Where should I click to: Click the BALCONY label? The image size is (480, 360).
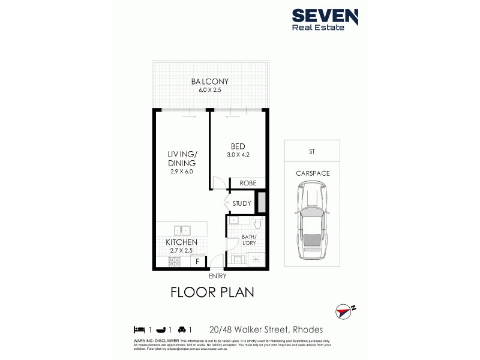pos(209,82)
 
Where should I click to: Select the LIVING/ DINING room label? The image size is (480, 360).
pos(183,158)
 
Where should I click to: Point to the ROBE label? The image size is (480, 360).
pos(248,184)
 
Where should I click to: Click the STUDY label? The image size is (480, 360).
pos(242,203)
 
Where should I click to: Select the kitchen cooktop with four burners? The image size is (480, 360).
pos(175,261)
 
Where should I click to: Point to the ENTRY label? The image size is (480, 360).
pos(217,276)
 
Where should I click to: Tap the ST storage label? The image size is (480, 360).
pos(312,152)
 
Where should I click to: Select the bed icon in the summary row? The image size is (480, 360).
pos(139,329)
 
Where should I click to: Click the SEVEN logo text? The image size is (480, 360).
pos(325,16)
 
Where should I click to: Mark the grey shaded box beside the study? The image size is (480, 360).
pos(262,202)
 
